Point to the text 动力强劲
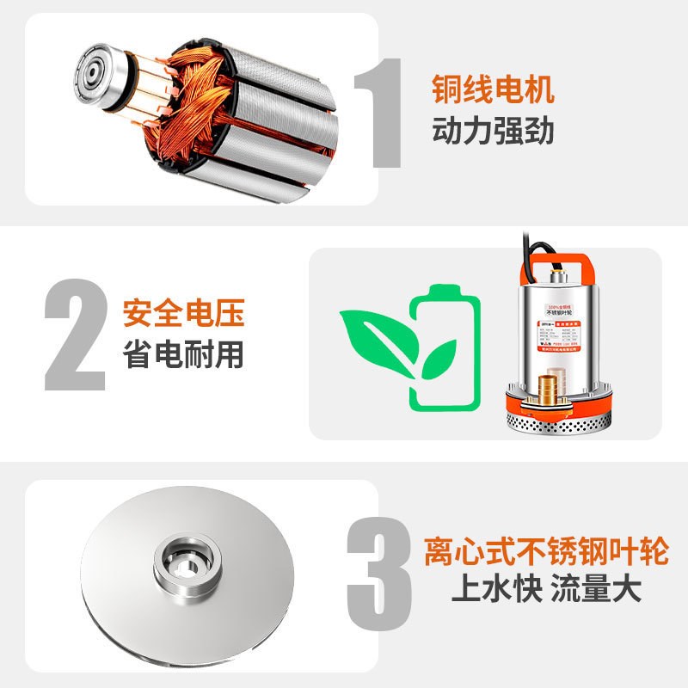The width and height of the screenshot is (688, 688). [493, 132]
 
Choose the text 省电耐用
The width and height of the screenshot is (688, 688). [184, 354]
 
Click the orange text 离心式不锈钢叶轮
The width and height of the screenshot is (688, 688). [545, 550]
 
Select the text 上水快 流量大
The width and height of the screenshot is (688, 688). [545, 591]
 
